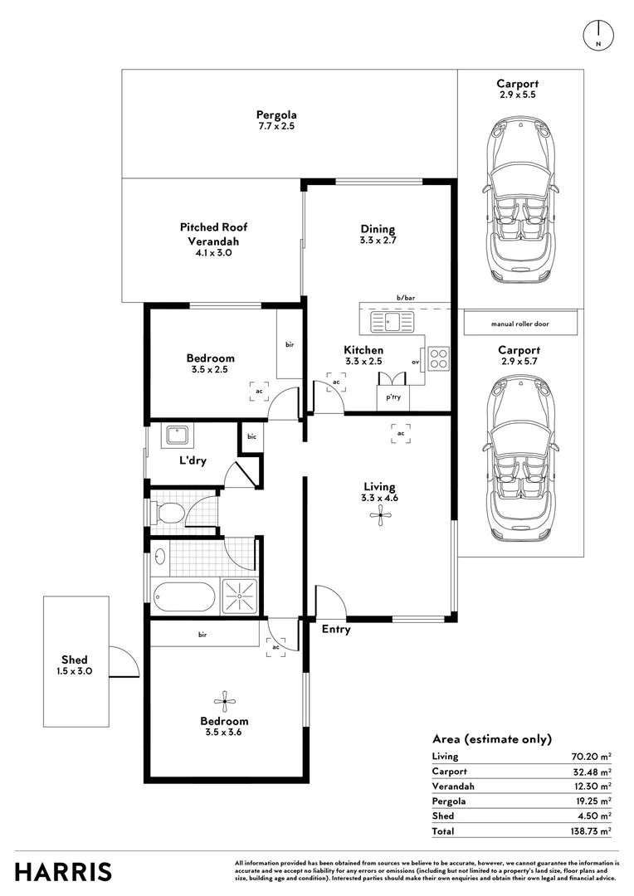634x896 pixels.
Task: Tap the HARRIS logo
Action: click(x=63, y=870)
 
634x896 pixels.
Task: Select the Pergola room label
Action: click(x=276, y=115)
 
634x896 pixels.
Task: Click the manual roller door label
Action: click(x=520, y=324)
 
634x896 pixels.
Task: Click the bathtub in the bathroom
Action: click(x=184, y=596)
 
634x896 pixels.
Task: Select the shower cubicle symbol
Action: click(x=240, y=596)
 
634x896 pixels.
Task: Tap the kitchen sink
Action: click(x=392, y=321)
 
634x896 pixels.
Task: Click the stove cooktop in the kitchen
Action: click(x=439, y=358)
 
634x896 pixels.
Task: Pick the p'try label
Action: click(x=393, y=397)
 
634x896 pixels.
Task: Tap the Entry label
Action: click(x=336, y=630)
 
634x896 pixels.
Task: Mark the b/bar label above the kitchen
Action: click(x=405, y=297)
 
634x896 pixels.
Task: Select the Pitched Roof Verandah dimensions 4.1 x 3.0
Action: click(x=213, y=253)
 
